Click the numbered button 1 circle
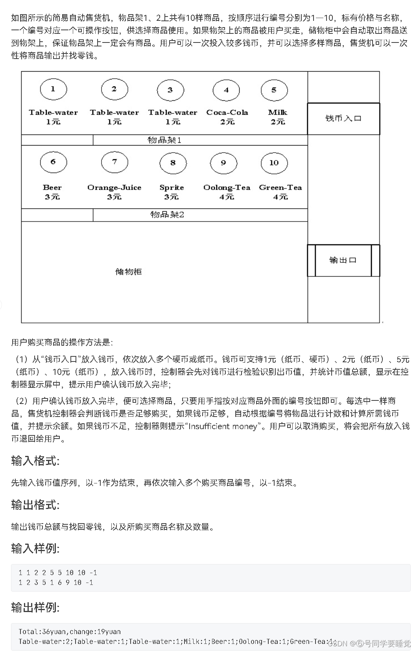tap(53, 89)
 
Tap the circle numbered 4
tap(226, 90)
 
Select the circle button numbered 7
tap(114, 162)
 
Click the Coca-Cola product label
tap(227, 112)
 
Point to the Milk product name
tap(278, 112)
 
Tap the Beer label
tap(52, 188)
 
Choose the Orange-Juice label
tap(114, 188)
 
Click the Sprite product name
tap(172, 188)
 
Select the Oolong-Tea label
tap(227, 188)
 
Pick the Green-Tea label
tap(280, 188)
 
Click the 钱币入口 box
tap(343, 118)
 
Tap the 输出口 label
tap(343, 260)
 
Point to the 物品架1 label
tap(164, 140)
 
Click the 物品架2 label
tap(167, 214)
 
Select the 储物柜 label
tap(128, 271)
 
